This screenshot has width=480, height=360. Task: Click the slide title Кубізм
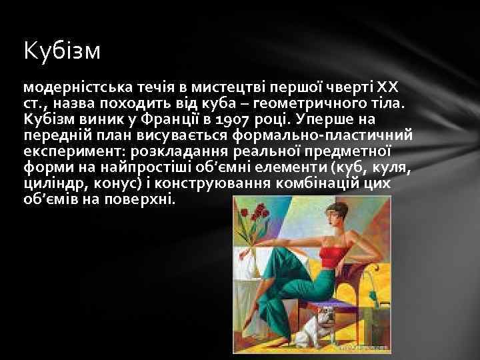[61, 51]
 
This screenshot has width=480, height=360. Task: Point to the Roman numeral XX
[387, 88]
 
